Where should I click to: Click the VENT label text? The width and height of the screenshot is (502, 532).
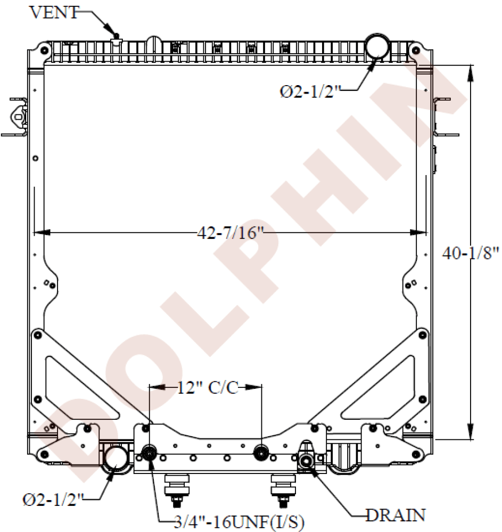(x=54, y=12)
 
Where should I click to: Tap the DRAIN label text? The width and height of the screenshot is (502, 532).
(x=396, y=515)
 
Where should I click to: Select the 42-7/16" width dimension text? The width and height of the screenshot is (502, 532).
(x=231, y=233)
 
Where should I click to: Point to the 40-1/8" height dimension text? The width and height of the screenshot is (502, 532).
(x=471, y=253)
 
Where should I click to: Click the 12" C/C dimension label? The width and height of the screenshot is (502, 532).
(x=208, y=387)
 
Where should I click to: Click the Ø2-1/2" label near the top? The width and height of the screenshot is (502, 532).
(x=310, y=92)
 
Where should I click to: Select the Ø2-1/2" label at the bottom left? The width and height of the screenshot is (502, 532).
(x=53, y=500)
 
